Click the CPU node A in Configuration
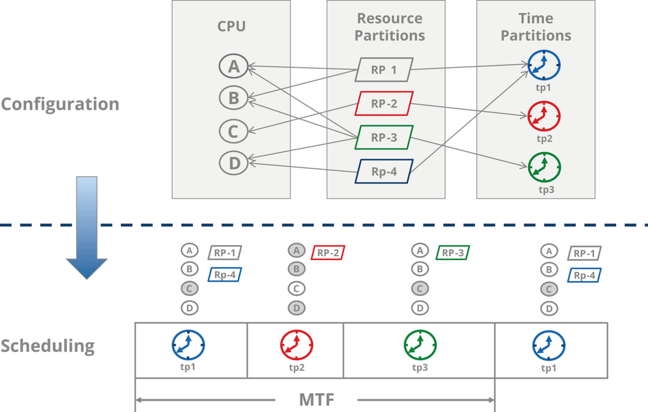(233, 66)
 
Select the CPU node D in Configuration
(233, 163)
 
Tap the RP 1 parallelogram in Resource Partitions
(384, 70)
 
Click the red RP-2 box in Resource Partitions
(384, 104)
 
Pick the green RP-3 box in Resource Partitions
(384, 138)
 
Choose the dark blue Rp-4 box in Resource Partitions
(384, 172)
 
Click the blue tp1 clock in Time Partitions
(544, 65)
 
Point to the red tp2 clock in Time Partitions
(544, 116)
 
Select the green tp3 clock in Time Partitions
(544, 167)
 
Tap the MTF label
(316, 400)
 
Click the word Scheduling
(48, 346)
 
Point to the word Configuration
(60, 104)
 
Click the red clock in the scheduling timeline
(296, 345)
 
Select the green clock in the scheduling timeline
(420, 345)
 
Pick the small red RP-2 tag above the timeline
(328, 253)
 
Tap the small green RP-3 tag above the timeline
(453, 253)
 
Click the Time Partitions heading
(536, 27)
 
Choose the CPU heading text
(231, 26)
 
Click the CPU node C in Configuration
(233, 131)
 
